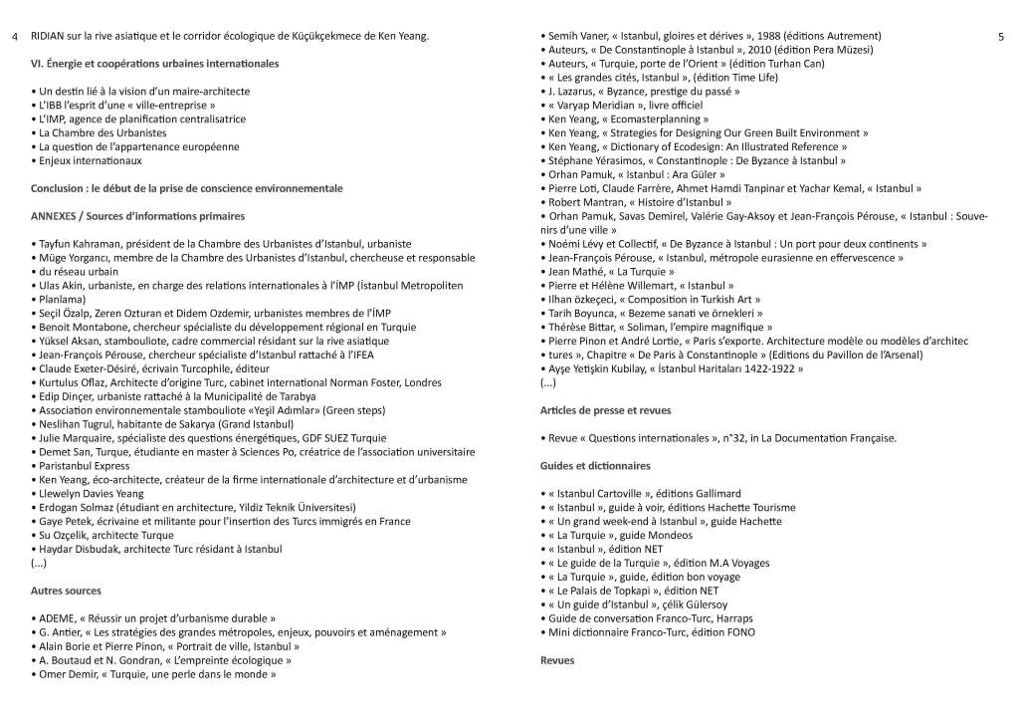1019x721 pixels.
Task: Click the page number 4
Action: point(15,37)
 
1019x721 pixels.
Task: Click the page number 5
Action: point(1001,37)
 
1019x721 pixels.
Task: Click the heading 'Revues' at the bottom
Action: point(557,660)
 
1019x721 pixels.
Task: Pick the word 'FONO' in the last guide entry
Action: point(738,632)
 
